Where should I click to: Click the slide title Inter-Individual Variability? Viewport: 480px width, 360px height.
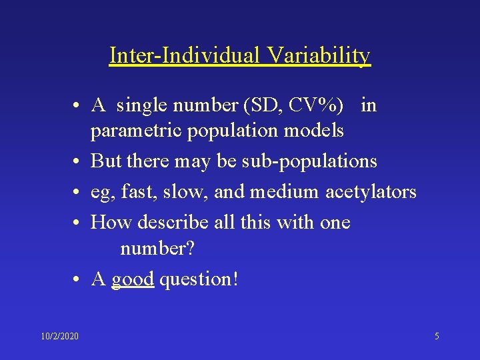tap(240, 55)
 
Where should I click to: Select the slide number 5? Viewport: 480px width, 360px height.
tap(437, 336)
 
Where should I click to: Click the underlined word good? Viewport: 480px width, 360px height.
tap(133, 279)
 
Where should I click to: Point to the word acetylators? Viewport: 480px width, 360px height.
tap(371, 192)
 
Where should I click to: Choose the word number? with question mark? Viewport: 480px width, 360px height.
tap(157, 249)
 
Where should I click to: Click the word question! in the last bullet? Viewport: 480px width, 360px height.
tap(198, 279)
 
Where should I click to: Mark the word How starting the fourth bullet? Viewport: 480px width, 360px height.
tap(107, 222)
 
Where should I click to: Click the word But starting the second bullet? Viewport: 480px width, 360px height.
tap(105, 161)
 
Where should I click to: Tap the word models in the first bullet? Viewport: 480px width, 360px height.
tap(313, 131)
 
